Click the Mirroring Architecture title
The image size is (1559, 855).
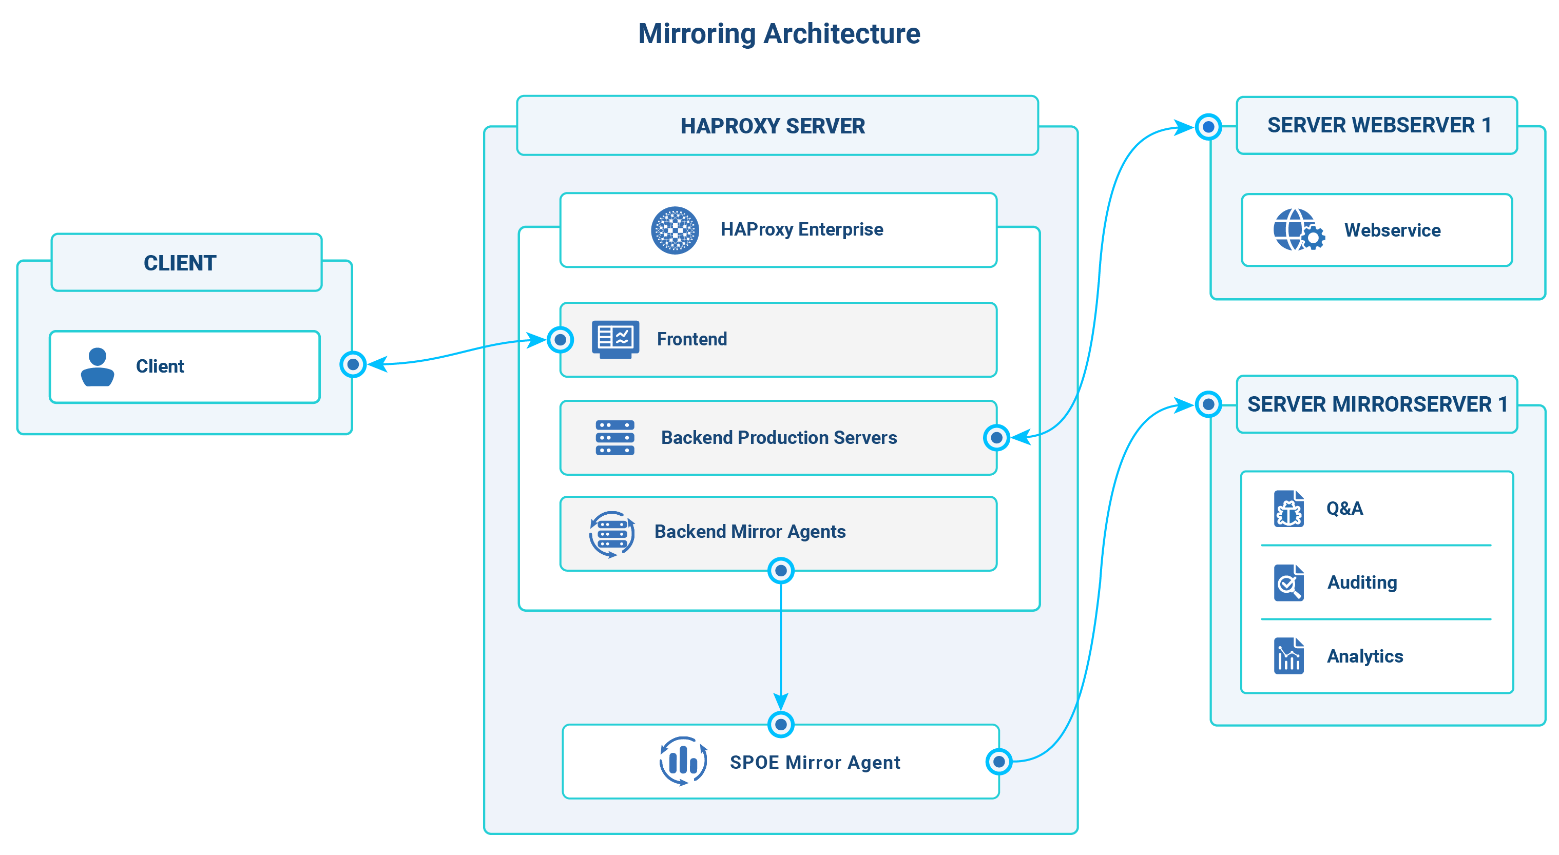pos(779,34)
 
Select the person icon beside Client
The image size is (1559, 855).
pos(98,367)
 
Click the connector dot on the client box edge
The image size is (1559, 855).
pos(353,364)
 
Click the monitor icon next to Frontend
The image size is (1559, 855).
pos(615,339)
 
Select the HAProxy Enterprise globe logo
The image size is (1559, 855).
pos(675,230)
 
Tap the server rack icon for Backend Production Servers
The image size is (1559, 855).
pos(615,437)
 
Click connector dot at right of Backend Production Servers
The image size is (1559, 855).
pos(996,437)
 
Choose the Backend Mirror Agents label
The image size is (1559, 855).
pos(750,531)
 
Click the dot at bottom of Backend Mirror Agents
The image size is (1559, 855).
pos(781,571)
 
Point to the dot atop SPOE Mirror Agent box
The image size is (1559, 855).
pos(781,724)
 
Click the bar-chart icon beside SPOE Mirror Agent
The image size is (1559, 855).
pos(683,761)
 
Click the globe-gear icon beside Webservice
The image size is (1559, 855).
pos(1298,230)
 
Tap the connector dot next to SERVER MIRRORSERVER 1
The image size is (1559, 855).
pos(1208,404)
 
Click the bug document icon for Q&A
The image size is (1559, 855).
pos(1288,509)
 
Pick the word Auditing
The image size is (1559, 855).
pos(1362,582)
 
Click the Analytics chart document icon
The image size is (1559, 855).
pos(1288,656)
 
